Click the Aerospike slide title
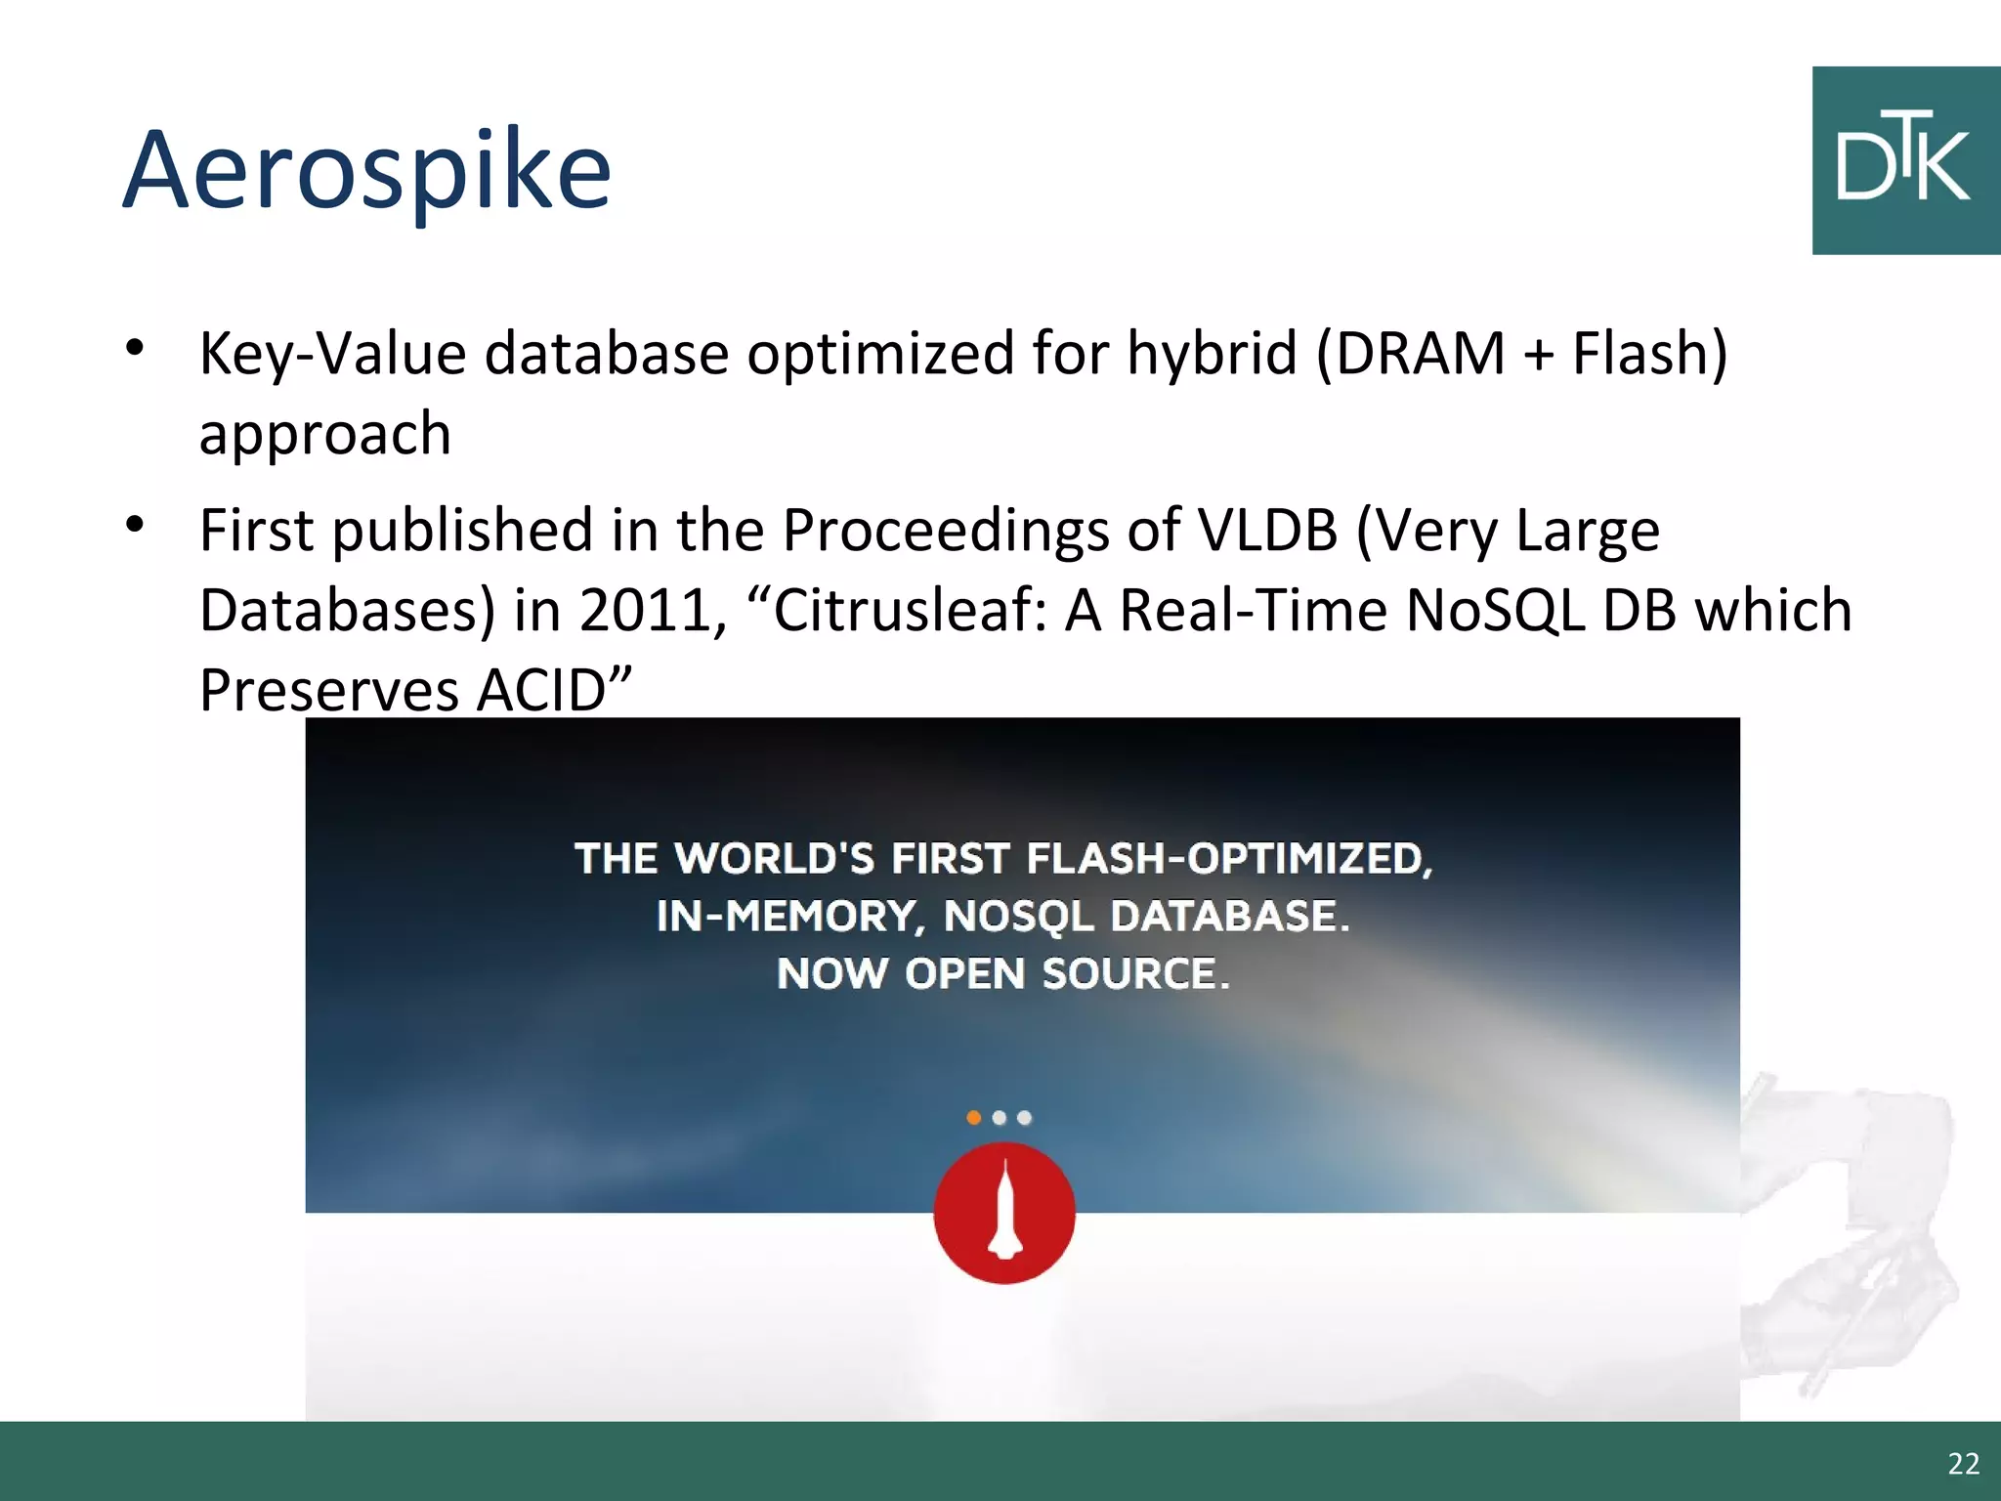tap(366, 171)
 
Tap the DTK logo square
tap(1905, 161)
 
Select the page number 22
tap(1963, 1464)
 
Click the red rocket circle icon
tap(1004, 1214)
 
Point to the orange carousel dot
tap(973, 1117)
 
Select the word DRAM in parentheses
tap(1420, 354)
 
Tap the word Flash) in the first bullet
tap(1649, 354)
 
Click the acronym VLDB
tap(1267, 531)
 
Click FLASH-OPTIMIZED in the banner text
tap(1229, 859)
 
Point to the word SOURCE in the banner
tap(1135, 974)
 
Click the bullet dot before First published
tap(135, 525)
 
